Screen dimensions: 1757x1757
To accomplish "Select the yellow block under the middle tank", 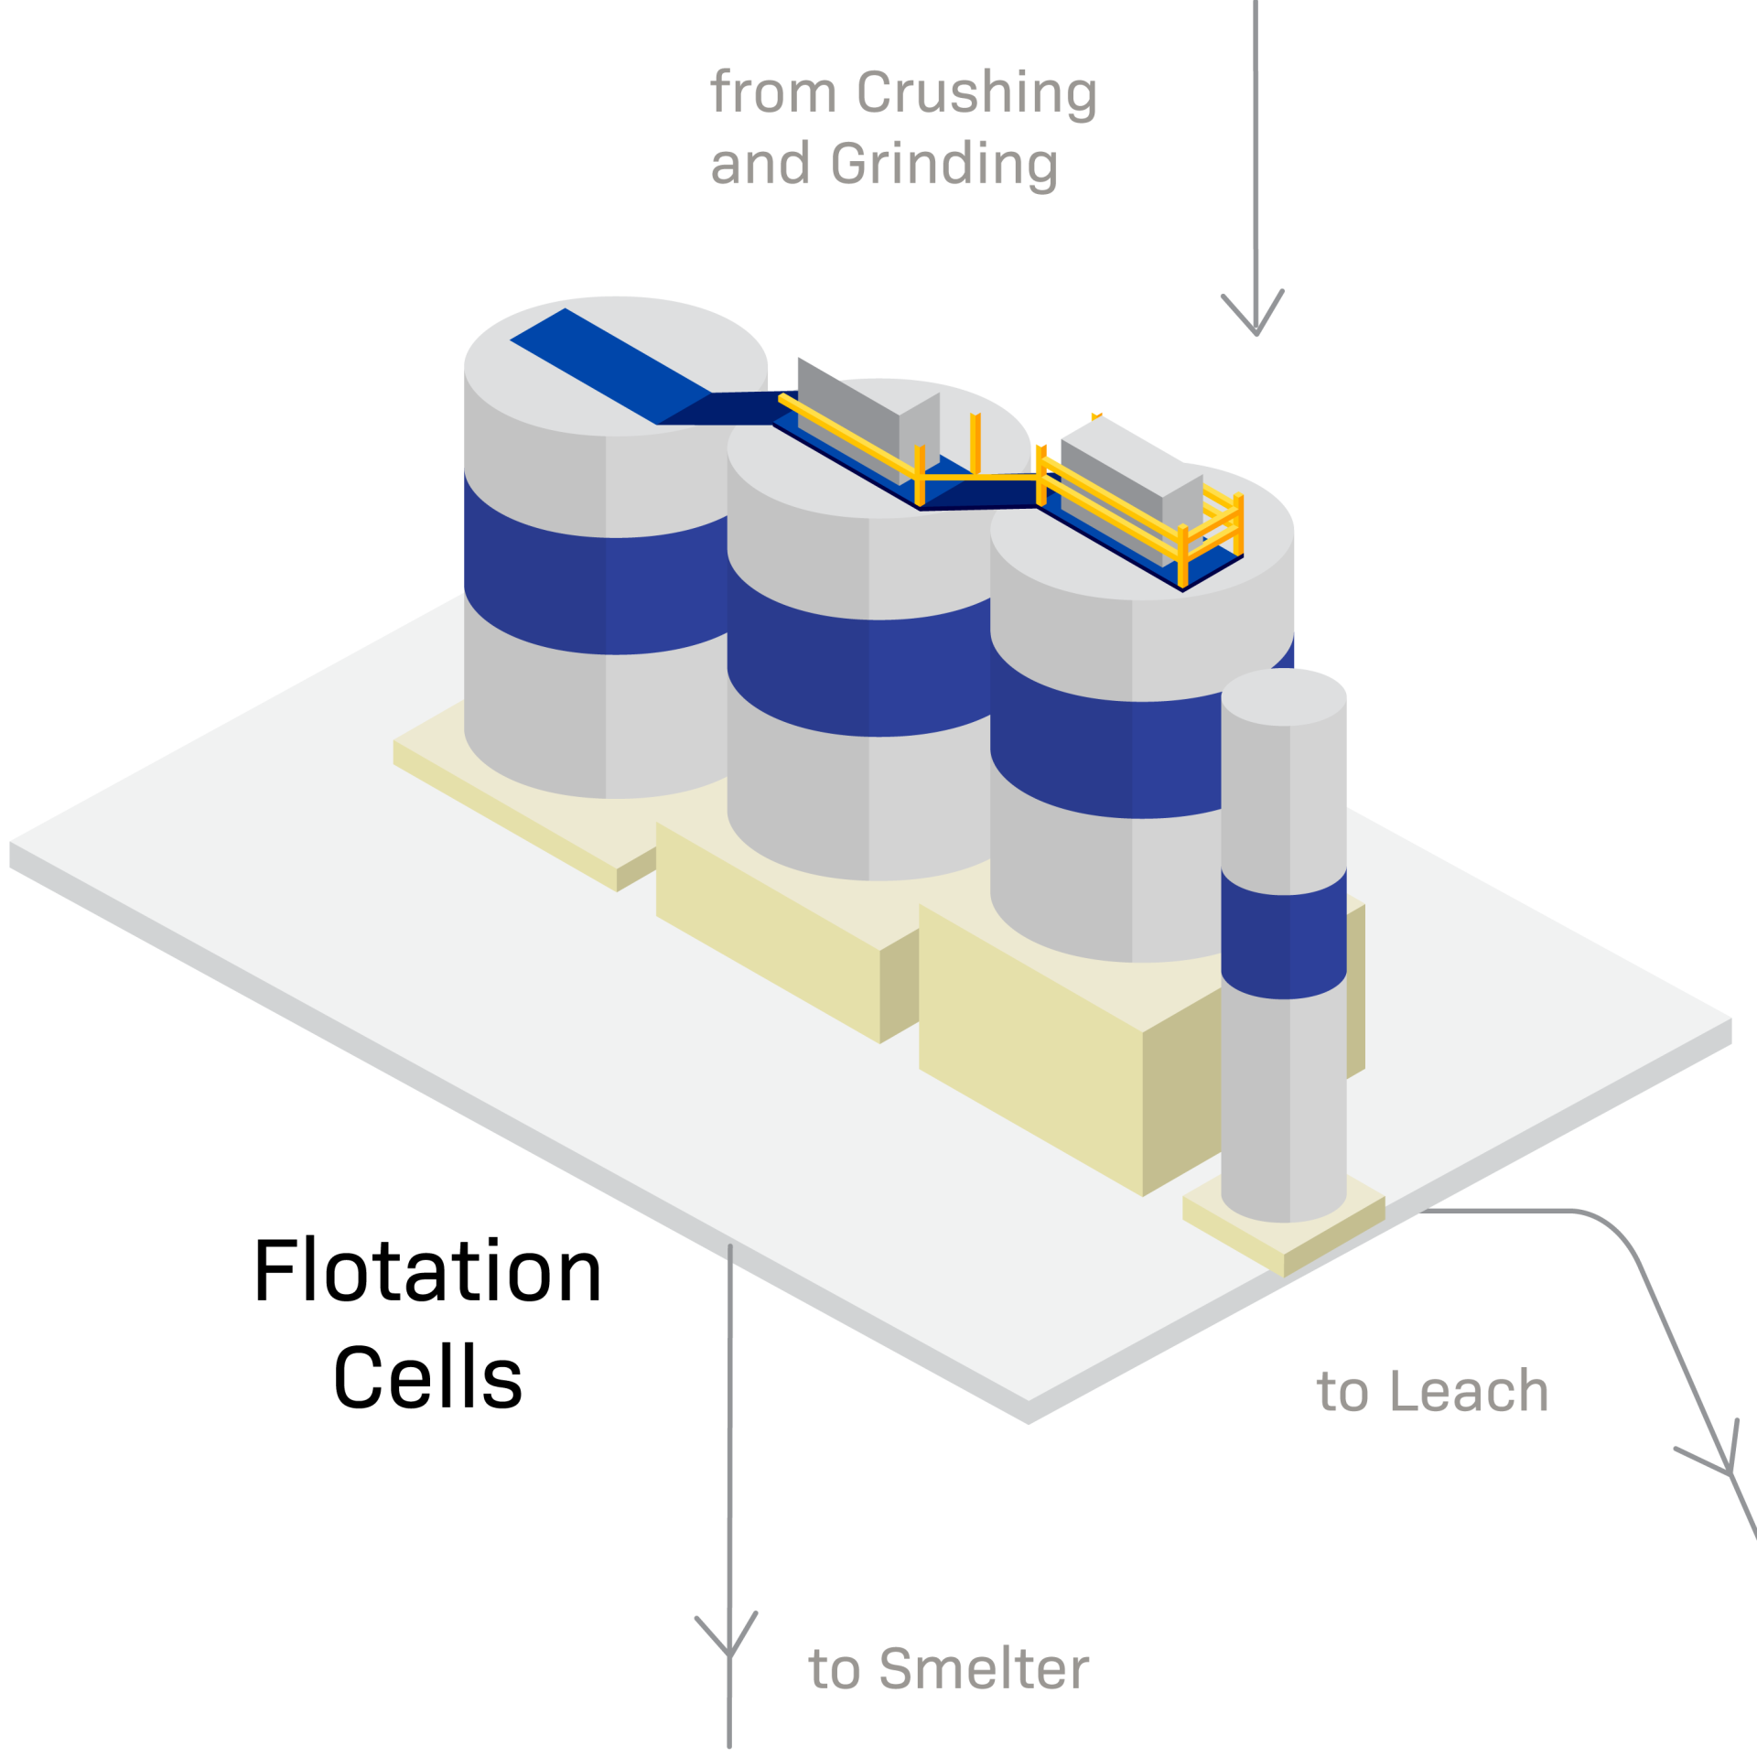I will coord(769,924).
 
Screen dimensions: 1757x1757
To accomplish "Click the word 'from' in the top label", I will coord(773,93).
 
